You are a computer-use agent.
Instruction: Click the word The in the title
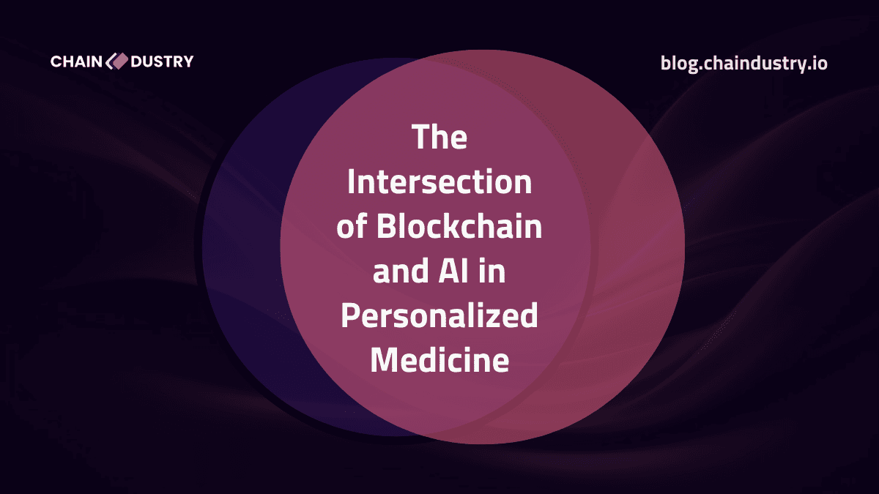[x=439, y=138]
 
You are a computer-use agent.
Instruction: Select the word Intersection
[x=439, y=182]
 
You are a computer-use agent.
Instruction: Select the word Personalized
[x=439, y=318]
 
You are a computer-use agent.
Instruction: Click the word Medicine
[x=439, y=362]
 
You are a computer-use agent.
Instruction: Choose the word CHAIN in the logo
[x=77, y=61]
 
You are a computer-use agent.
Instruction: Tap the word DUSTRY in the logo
[x=162, y=61]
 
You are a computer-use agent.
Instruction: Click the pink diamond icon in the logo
[x=117, y=61]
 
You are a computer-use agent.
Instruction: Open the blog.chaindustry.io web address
[x=743, y=63]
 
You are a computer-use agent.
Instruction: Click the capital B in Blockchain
[x=385, y=228]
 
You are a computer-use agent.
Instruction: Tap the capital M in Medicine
[x=384, y=362]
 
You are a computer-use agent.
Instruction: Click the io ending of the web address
[x=819, y=63]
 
